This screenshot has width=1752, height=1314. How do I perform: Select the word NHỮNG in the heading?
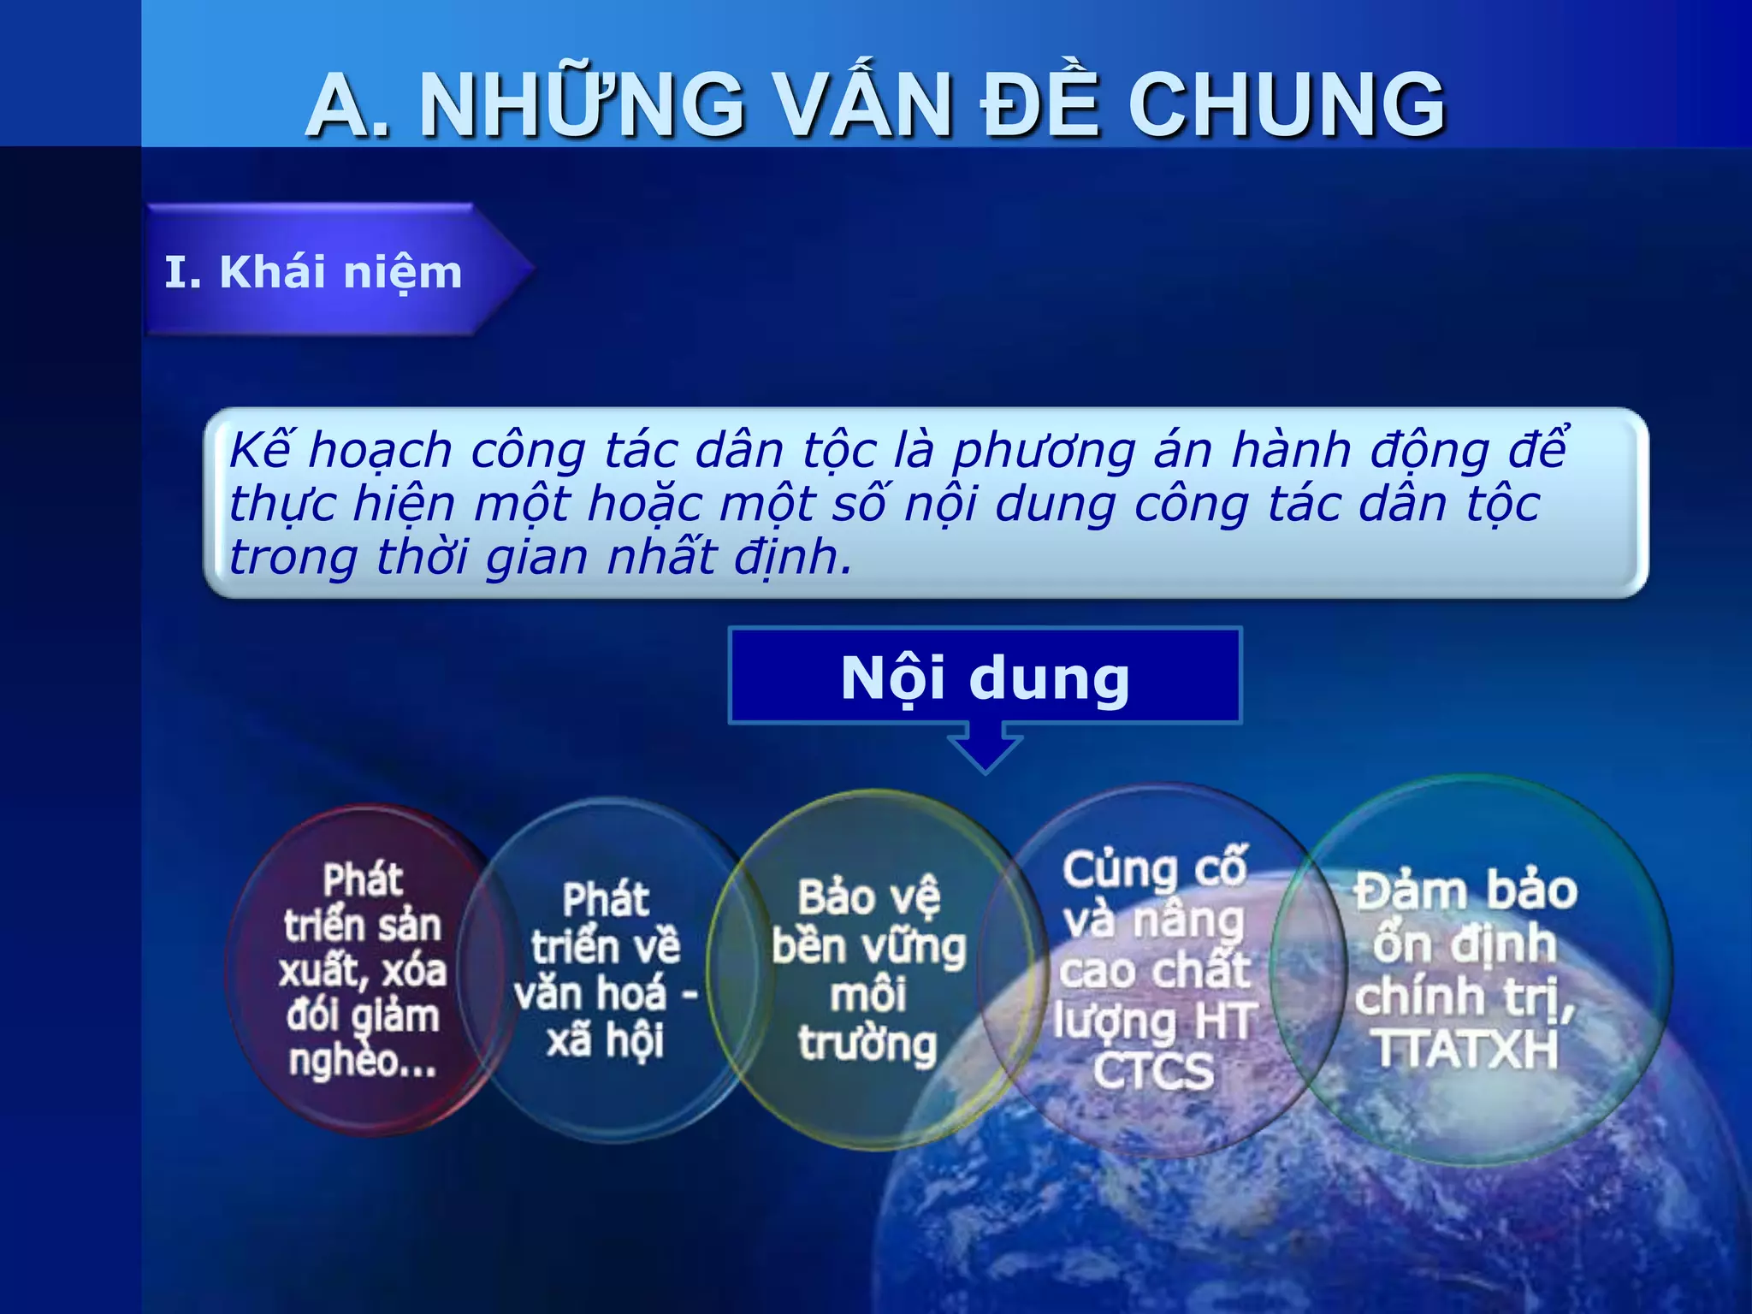pos(583,105)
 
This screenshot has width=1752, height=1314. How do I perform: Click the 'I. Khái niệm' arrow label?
pos(314,272)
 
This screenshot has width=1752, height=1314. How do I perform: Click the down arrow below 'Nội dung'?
pos(985,748)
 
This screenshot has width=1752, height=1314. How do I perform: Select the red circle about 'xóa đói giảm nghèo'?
pos(362,970)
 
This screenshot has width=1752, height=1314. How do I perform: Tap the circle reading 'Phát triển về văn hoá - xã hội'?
pos(606,970)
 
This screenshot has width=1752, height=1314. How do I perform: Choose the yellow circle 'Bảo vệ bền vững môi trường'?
pos(868,970)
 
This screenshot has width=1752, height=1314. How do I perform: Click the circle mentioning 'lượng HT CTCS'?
pos(1154,970)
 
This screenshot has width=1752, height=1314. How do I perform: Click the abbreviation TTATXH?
pos(1466,1049)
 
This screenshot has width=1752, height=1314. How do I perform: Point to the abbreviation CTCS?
pos(1154,1071)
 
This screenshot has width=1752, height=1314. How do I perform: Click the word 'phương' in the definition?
pos(1045,452)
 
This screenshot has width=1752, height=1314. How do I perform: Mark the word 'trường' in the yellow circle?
pos(868,1044)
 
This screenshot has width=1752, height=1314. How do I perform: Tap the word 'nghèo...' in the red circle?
pos(363,1061)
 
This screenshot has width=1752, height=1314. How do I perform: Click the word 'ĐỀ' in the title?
pos(1039,105)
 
